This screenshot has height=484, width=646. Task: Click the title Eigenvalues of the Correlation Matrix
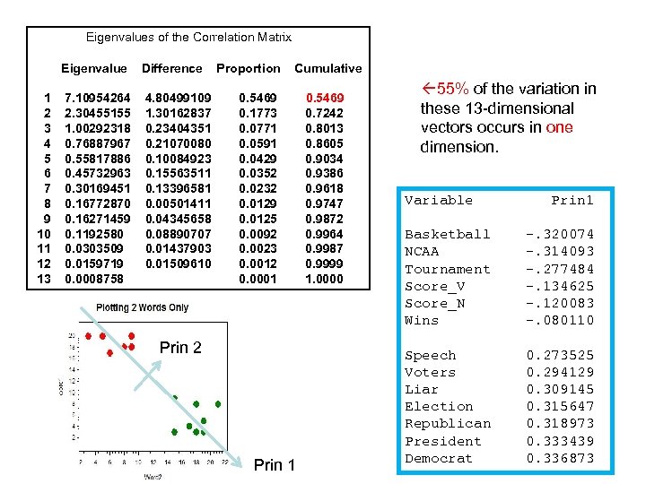pyautogui.click(x=188, y=37)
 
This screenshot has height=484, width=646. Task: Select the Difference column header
pyautogui.click(x=171, y=68)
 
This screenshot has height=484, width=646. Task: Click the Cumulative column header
pyautogui.click(x=328, y=68)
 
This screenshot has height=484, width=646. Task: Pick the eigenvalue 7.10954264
pyautogui.click(x=97, y=97)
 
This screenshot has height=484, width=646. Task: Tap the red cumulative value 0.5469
pyautogui.click(x=325, y=97)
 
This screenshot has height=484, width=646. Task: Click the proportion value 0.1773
pyautogui.click(x=258, y=114)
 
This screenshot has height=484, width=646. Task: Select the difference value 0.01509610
pyautogui.click(x=178, y=264)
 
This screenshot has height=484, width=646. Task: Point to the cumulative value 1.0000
pyautogui.click(x=325, y=280)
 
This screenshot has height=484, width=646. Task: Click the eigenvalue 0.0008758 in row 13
pyautogui.click(x=93, y=280)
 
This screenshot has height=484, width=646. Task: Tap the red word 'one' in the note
pyautogui.click(x=559, y=127)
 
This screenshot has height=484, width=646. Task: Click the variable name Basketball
pyautogui.click(x=448, y=234)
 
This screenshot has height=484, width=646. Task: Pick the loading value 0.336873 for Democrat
pyautogui.click(x=560, y=458)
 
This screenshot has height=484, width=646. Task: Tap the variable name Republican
pyautogui.click(x=448, y=424)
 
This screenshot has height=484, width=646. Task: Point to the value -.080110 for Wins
pyautogui.click(x=560, y=320)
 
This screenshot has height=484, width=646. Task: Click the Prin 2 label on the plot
pyautogui.click(x=180, y=348)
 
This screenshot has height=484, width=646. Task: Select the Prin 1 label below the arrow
pyautogui.click(x=275, y=464)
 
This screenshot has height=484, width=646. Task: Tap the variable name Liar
pyautogui.click(x=422, y=389)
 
